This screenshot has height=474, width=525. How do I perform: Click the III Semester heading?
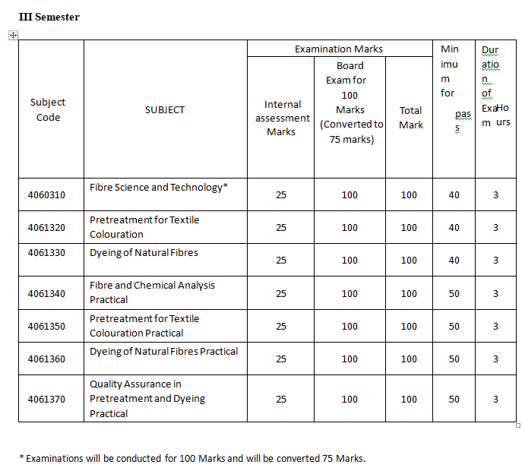tap(49, 17)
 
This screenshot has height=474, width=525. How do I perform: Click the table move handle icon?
tap(12, 35)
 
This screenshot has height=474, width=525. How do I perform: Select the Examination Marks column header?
tap(339, 49)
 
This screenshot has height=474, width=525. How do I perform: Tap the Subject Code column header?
tap(48, 109)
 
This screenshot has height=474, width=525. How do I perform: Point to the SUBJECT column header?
tap(165, 109)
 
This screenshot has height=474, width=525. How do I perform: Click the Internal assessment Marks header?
tap(282, 118)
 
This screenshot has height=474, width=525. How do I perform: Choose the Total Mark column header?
tap(410, 117)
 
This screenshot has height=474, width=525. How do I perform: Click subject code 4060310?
tap(47, 195)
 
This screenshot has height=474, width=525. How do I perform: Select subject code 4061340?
tap(47, 293)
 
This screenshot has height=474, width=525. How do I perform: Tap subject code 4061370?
tap(47, 399)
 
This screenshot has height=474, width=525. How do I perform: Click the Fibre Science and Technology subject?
tap(158, 187)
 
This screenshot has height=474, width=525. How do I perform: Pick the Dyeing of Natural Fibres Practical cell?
tap(163, 351)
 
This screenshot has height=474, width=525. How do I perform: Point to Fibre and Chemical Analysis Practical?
tap(152, 292)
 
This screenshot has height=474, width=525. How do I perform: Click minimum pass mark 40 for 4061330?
tap(454, 261)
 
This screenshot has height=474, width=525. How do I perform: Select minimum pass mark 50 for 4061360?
tap(454, 359)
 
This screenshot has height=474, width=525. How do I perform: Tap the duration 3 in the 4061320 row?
tap(495, 228)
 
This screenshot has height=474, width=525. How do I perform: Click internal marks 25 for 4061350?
tap(281, 327)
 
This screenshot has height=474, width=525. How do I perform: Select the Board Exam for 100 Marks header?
tap(349, 103)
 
